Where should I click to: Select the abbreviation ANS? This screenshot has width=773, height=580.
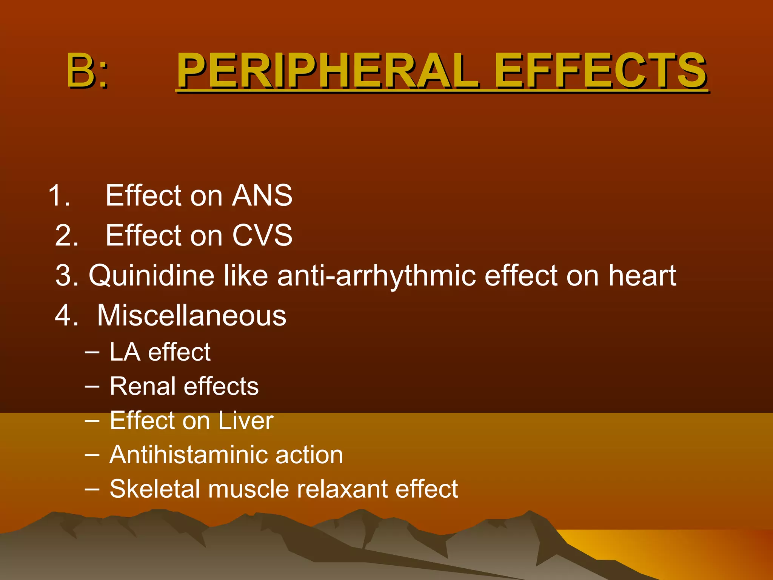[x=262, y=196]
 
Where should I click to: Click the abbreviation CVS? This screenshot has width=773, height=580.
[x=262, y=235]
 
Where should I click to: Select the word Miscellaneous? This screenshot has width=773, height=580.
[x=192, y=315]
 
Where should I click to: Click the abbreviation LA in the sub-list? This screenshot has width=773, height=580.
[x=125, y=352]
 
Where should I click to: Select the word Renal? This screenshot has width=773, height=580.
[x=143, y=386]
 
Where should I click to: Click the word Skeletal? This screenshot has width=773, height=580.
[x=154, y=489]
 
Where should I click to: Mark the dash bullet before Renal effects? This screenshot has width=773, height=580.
[x=92, y=386]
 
